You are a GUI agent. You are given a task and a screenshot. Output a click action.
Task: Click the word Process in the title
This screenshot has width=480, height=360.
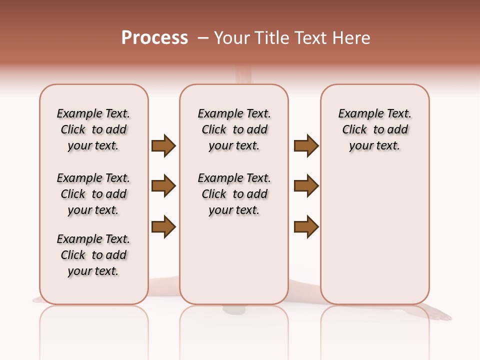154,37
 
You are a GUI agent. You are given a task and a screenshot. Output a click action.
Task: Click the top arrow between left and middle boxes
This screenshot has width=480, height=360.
163,146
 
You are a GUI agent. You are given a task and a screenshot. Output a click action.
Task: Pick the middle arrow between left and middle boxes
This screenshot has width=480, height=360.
163,186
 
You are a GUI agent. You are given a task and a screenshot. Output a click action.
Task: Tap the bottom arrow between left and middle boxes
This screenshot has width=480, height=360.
163,226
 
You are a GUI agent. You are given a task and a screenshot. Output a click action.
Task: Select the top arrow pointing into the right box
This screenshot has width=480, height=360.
306,146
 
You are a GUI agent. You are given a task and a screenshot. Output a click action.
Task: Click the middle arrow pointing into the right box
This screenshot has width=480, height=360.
306,186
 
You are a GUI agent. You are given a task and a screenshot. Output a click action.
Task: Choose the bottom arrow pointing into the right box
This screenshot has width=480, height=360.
306,226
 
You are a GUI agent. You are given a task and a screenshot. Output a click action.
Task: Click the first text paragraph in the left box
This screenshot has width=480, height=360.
93,129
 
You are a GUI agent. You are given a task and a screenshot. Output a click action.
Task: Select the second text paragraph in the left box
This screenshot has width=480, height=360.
93,194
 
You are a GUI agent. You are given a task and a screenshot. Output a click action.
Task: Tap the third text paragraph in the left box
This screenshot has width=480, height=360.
93,255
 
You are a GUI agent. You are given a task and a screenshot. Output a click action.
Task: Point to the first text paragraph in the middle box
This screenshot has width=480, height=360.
234,129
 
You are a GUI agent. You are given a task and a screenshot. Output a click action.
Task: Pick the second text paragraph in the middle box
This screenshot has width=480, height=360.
234,194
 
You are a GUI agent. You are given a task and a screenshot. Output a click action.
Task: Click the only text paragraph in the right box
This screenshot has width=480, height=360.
375,129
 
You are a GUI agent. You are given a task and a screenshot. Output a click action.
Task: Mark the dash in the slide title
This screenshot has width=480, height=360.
203,38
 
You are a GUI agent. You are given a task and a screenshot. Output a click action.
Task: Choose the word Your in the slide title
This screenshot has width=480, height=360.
232,38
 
